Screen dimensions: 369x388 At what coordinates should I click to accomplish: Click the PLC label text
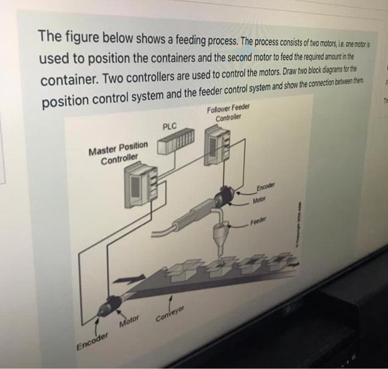click(x=170, y=127)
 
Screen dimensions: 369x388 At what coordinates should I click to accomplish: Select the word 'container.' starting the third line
click(x=67, y=78)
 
